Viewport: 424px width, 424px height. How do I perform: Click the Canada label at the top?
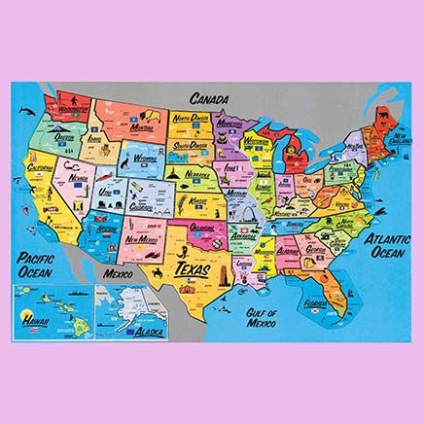click(212, 98)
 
